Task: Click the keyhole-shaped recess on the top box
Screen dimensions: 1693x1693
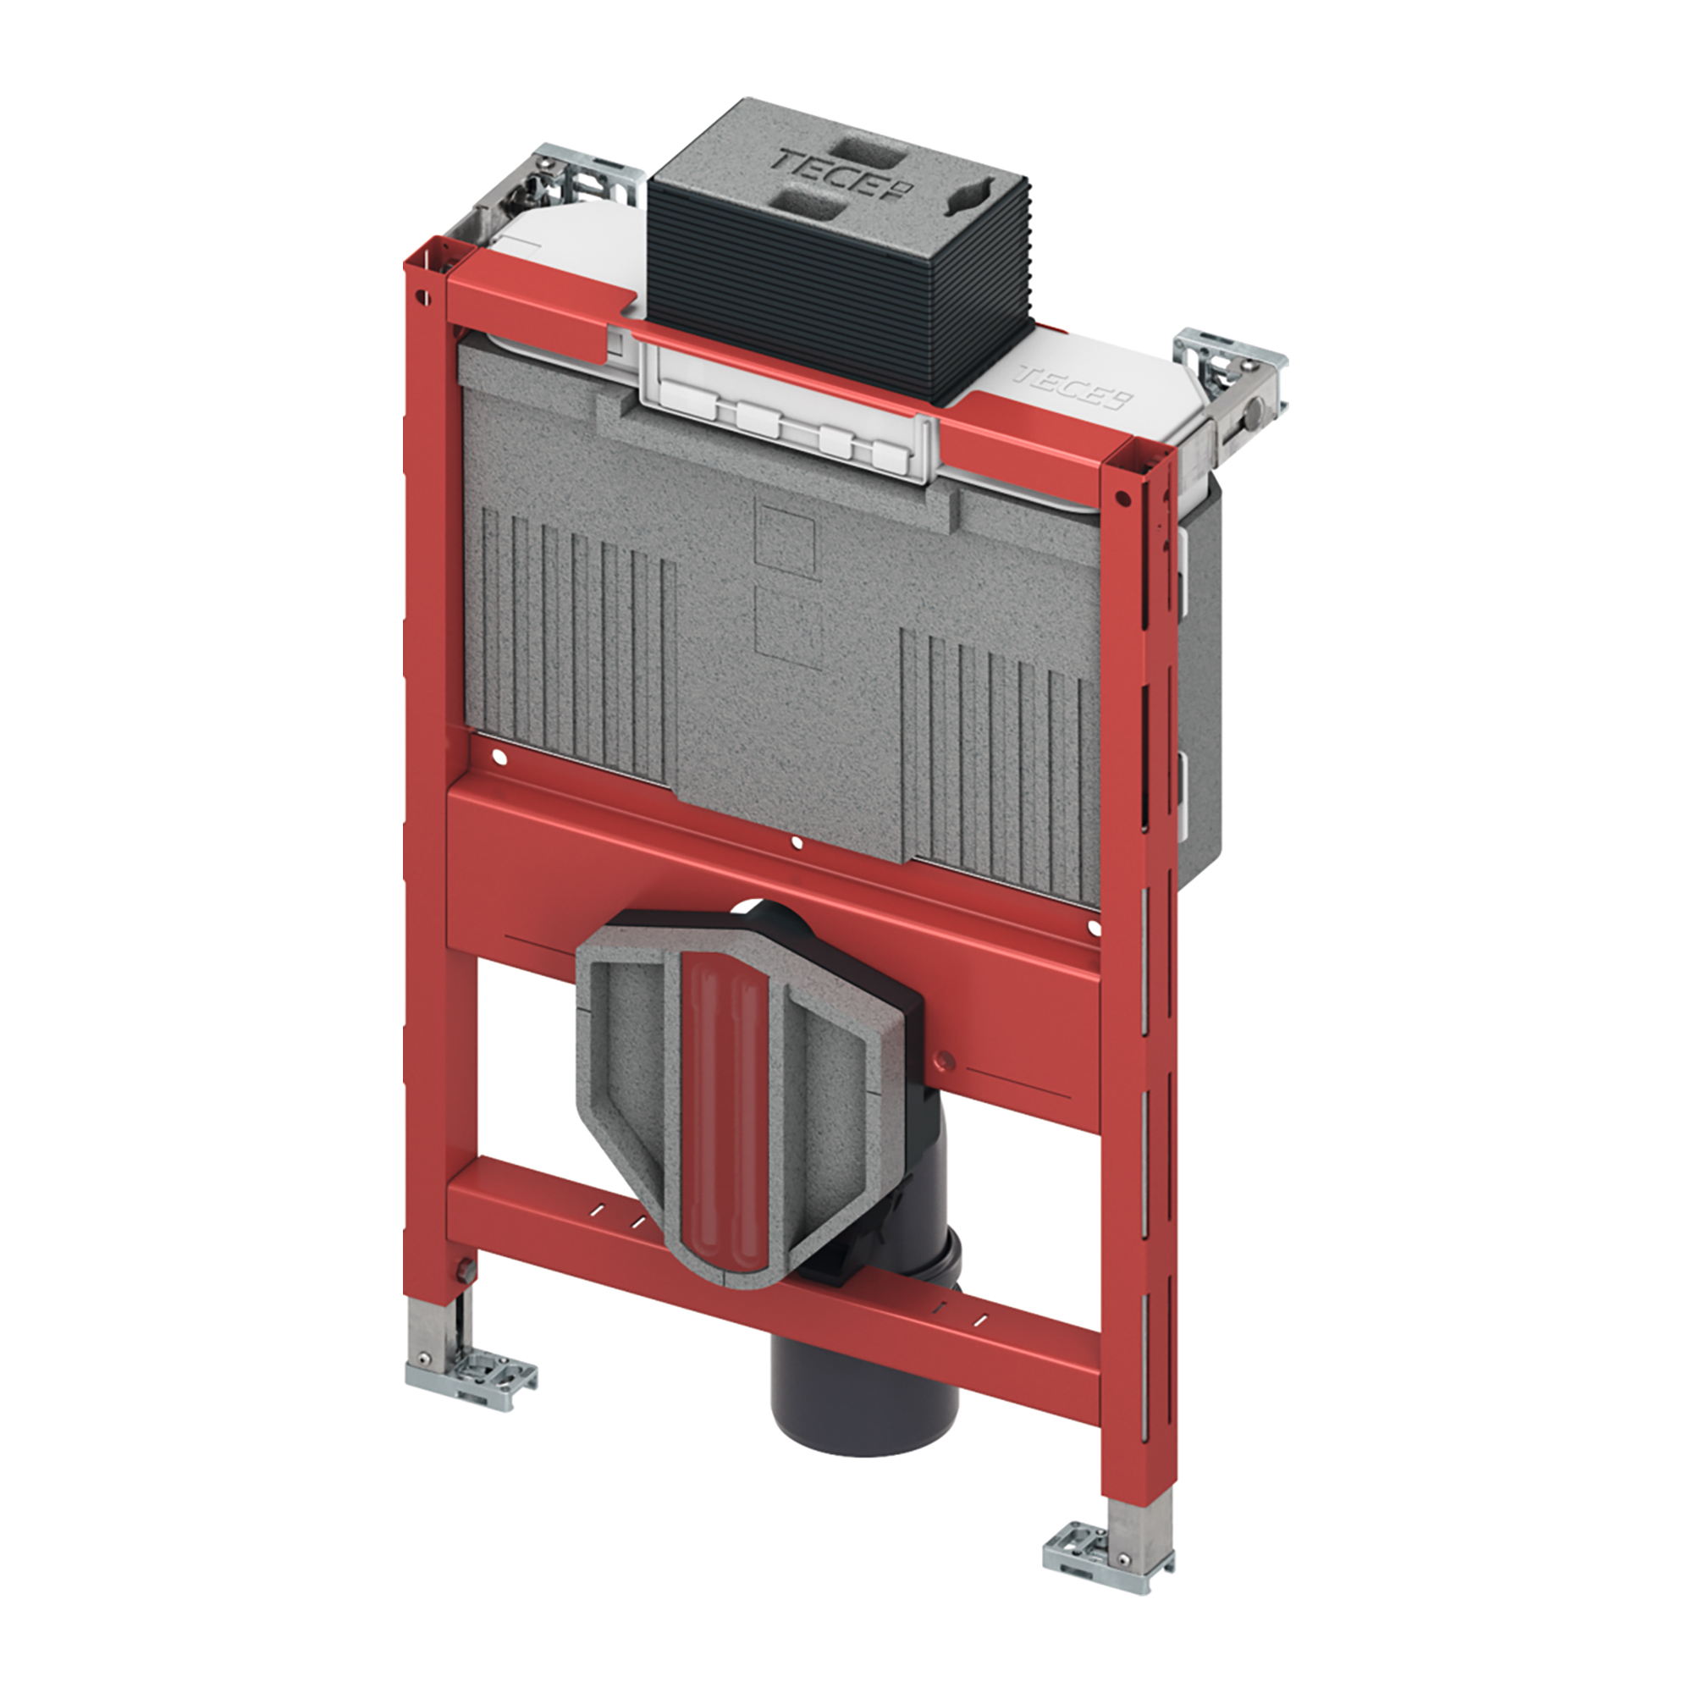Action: (967, 194)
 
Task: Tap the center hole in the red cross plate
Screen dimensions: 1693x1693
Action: (796, 844)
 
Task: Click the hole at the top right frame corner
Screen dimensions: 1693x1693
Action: (1120, 497)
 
